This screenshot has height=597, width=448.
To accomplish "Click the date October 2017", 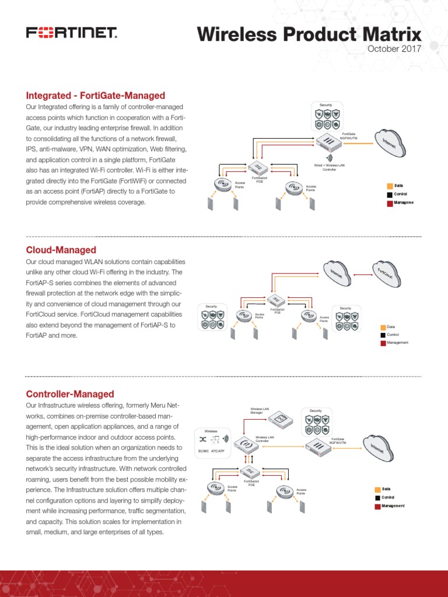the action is (394, 48).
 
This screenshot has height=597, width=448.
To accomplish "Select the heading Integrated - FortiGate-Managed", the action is (96, 96).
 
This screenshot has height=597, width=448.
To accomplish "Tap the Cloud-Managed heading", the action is (61, 250).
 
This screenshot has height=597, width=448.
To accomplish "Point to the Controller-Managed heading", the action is (70, 394).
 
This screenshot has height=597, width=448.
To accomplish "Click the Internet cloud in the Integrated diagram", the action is (389, 143).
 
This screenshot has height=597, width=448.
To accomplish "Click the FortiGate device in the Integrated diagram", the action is (332, 141).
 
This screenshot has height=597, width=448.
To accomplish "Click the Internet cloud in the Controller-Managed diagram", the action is (383, 448).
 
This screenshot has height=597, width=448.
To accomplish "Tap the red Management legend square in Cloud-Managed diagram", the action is (383, 343).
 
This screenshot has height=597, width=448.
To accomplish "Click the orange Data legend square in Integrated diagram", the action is (389, 185).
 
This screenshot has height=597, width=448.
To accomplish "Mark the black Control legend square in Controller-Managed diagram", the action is (377, 498).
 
